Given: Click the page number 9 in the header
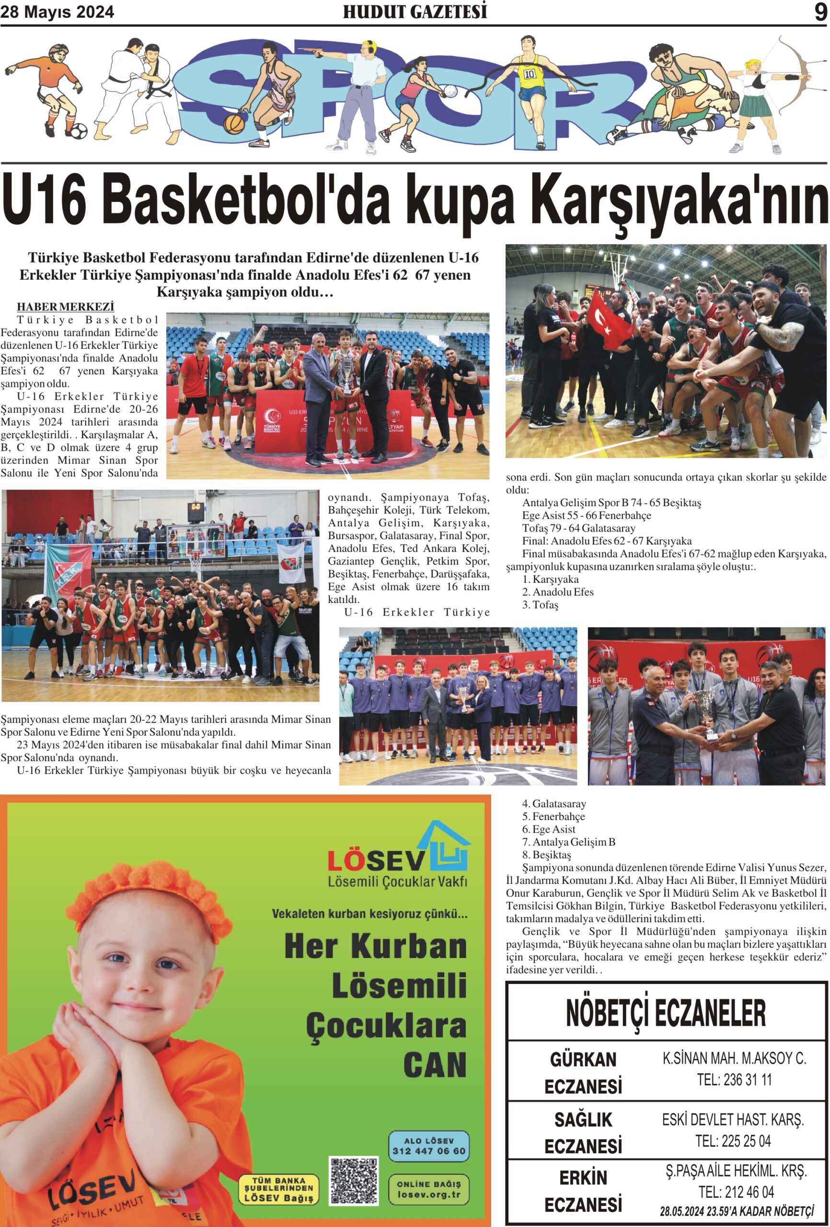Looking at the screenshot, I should tap(820, 12).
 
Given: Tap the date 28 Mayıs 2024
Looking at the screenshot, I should tap(57, 12).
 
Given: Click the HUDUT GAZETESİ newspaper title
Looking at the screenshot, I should tap(415, 12).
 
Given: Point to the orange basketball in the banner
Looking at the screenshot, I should tap(234, 124).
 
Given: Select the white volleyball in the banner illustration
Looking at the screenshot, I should tap(450, 92).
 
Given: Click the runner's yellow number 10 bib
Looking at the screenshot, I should tap(530, 74).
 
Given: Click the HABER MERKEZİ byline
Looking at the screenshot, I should tap(66, 307).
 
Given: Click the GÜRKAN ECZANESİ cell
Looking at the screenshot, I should tap(583, 1072).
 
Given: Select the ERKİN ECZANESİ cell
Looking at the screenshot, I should tap(583, 1191).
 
